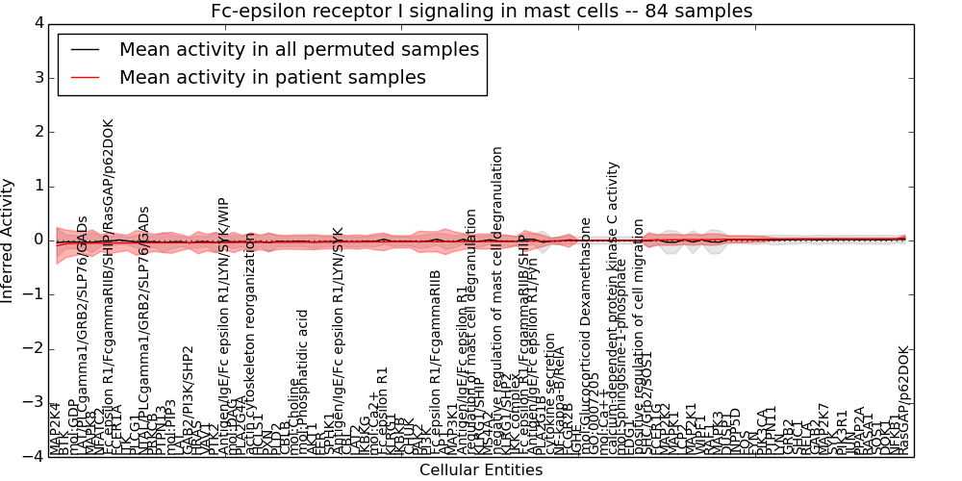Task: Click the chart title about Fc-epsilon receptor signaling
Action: coord(481,12)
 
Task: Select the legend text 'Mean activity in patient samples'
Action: coord(272,78)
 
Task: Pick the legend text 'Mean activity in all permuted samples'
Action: coord(298,49)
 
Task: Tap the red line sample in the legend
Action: coord(84,78)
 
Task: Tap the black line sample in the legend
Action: coord(84,49)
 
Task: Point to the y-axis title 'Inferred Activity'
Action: coord(9,240)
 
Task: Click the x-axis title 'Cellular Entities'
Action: coord(481,470)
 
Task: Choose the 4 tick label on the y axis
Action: coord(37,22)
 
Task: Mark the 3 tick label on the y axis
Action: coord(37,77)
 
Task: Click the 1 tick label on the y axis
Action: coord(37,186)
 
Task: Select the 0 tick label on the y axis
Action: coord(37,240)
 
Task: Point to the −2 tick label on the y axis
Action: coord(33,348)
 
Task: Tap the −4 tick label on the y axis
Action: coord(33,456)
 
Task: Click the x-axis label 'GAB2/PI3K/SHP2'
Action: coord(190,400)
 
